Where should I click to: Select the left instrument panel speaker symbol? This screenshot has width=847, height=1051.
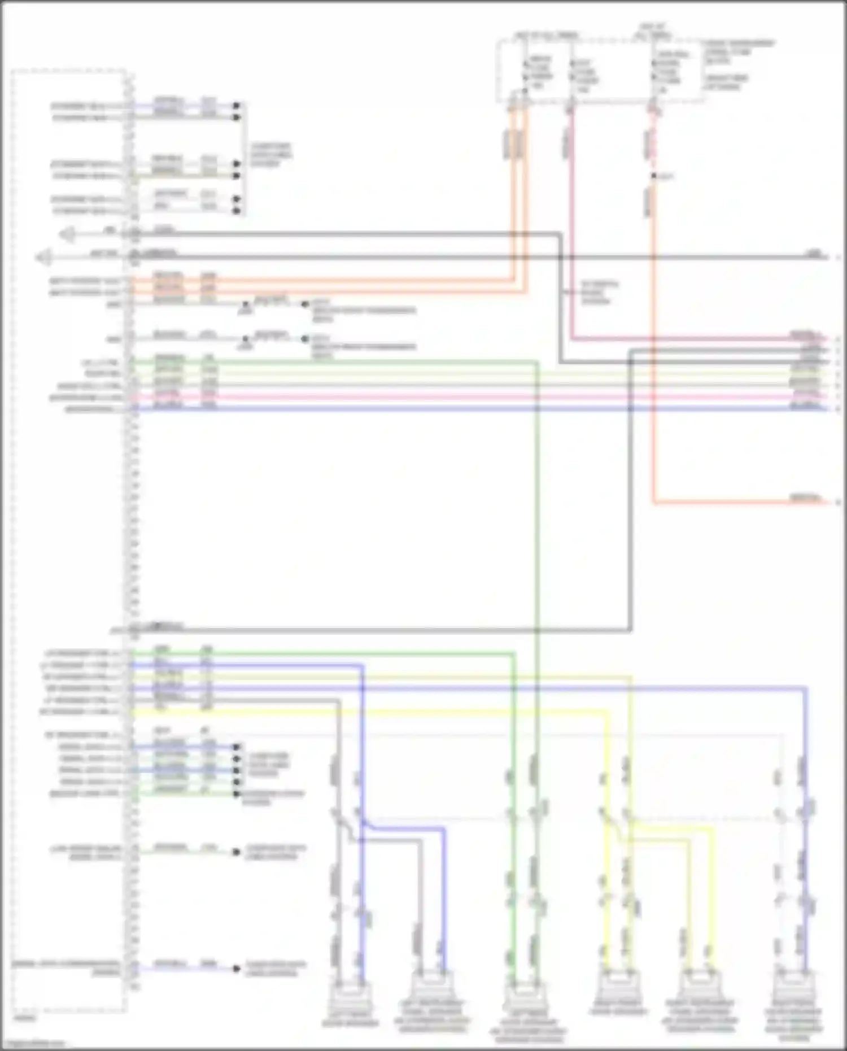[431, 985]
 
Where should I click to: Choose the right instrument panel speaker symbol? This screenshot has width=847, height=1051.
[700, 985]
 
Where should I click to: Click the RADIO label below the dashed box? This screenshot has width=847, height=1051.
[24, 1018]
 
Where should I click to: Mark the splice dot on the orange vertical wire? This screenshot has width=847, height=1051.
[654, 176]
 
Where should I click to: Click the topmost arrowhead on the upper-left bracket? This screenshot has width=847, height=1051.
[237, 106]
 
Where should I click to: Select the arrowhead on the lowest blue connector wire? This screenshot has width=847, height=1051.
[237, 969]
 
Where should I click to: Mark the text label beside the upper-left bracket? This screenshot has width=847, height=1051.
[271, 155]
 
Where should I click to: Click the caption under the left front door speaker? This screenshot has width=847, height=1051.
[350, 1019]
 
